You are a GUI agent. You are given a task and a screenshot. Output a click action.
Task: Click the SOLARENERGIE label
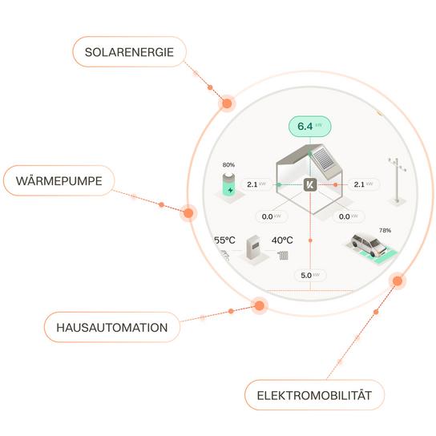click(x=129, y=52)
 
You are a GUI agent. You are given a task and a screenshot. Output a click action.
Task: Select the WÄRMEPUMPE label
click(x=59, y=181)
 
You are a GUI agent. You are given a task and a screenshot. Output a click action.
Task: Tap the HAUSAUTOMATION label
click(x=112, y=327)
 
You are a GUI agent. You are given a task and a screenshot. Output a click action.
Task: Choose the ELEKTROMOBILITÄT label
click(x=314, y=395)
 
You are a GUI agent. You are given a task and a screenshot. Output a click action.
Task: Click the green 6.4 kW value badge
click(x=309, y=127)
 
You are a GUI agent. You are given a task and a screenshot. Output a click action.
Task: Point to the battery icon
click(x=230, y=184)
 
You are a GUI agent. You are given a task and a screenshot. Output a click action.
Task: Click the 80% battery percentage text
click(x=228, y=165)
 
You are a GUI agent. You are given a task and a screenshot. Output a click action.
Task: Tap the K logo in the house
click(x=310, y=184)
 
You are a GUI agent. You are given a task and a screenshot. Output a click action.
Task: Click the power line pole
click(x=398, y=180)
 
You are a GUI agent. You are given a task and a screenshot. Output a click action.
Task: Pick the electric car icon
click(x=368, y=244)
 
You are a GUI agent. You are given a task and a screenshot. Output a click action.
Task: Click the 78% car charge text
click(x=386, y=230)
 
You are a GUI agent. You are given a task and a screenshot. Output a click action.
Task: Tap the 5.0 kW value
click(x=310, y=275)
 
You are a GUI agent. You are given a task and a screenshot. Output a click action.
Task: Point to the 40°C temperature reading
click(x=282, y=240)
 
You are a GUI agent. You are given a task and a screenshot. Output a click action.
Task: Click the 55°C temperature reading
click(x=224, y=240)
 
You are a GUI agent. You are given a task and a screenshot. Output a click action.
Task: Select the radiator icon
click(x=283, y=255)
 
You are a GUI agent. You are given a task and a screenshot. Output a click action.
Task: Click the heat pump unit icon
click(x=253, y=248)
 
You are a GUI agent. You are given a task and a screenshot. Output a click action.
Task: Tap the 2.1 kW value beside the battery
click(x=256, y=184)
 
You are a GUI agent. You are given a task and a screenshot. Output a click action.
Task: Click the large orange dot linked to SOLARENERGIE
click(x=227, y=103)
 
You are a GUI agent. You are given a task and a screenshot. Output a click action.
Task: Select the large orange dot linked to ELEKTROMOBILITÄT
click(x=398, y=281)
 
